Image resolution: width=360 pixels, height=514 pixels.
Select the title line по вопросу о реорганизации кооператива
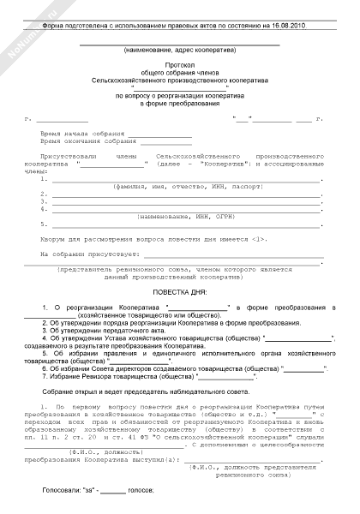[x=179, y=96]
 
